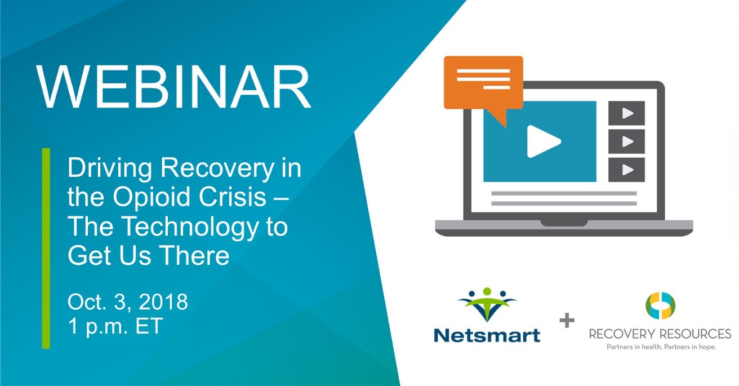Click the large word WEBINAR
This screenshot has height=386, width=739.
click(x=173, y=87)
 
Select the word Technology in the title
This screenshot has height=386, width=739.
click(x=192, y=228)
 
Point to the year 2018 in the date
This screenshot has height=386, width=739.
click(x=163, y=301)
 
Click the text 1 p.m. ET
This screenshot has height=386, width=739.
click(x=115, y=326)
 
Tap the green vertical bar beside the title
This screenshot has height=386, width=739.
click(x=46, y=248)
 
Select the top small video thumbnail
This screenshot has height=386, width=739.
click(x=626, y=113)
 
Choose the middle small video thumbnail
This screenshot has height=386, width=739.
click(x=626, y=141)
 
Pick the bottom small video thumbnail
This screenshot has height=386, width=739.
click(x=626, y=170)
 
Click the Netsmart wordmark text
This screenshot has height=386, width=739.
click(x=487, y=335)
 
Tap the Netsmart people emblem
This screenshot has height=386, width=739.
click(x=487, y=304)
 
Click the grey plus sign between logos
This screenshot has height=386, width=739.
click(x=567, y=320)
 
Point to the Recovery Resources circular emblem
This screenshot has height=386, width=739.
click(x=661, y=305)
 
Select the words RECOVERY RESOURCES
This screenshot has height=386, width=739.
click(x=660, y=334)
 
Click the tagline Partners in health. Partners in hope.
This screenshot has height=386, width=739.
click(x=661, y=347)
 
